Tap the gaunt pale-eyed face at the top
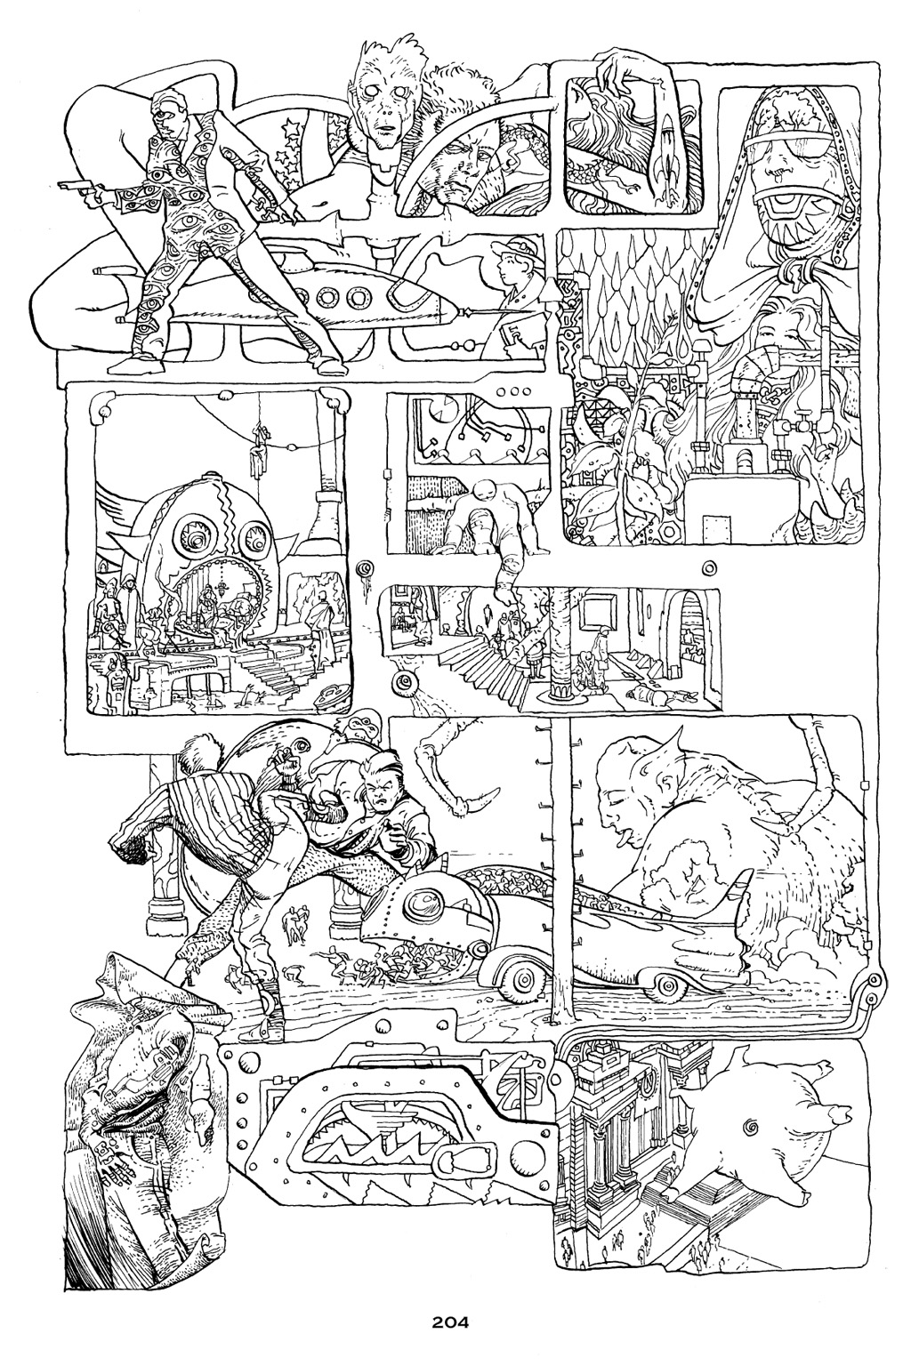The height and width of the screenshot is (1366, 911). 383,98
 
